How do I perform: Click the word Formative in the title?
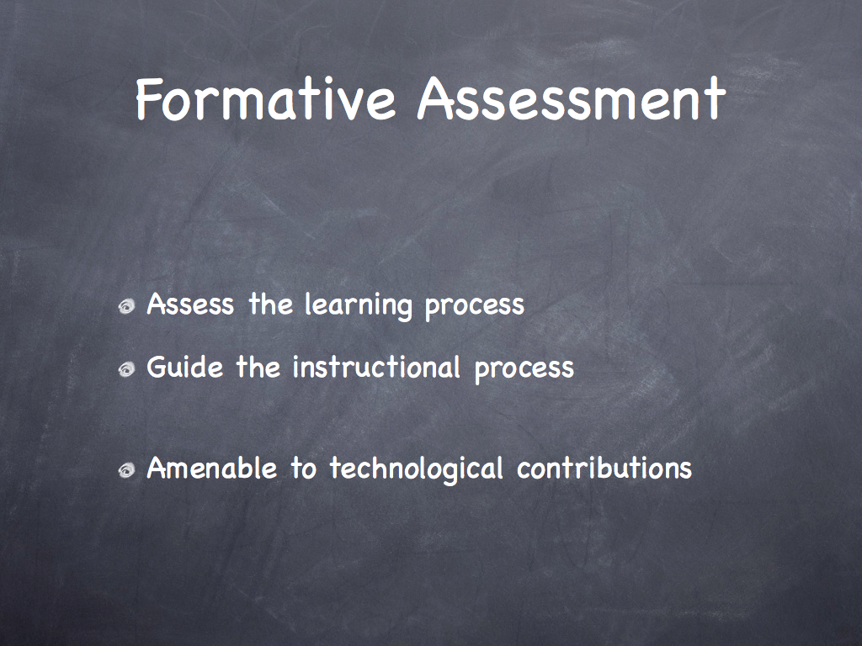point(265,99)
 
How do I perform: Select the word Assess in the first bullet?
point(190,304)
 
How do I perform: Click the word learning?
point(358,305)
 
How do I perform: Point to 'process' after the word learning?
point(475,308)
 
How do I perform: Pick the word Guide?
point(184,367)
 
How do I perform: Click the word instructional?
point(376,367)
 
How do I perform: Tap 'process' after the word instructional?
point(524,370)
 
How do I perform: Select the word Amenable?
point(211,468)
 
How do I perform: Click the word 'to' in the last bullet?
point(303,469)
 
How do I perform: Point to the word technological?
point(416,469)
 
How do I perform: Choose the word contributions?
point(604,469)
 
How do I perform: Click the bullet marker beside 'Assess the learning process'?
point(126,306)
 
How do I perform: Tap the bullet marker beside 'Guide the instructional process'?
point(126,368)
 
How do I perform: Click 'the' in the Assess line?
point(270,304)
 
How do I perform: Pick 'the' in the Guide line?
point(258,367)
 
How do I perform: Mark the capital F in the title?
point(148,99)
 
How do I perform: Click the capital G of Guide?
point(157,367)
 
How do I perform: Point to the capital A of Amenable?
point(157,469)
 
